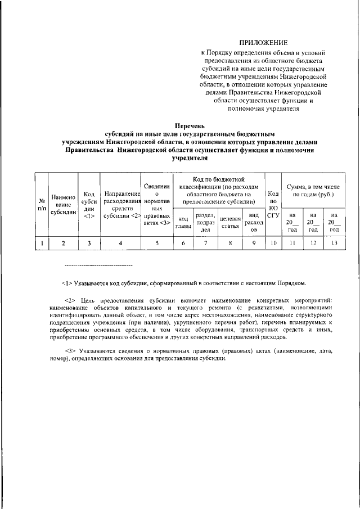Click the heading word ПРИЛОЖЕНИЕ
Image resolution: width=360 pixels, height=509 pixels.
tap(263, 42)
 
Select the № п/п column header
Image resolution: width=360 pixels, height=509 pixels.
tap(42, 204)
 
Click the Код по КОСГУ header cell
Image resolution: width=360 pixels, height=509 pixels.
tap(273, 204)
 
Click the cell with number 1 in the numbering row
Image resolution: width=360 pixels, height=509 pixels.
tap(42, 243)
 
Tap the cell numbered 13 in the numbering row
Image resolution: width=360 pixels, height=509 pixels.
tap(335, 243)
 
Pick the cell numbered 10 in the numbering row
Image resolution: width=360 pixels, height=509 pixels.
tap(273, 243)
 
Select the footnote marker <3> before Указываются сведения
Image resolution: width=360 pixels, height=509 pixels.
tap(71, 351)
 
